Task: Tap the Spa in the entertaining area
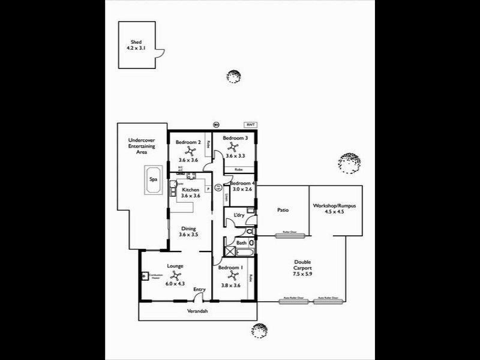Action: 154,179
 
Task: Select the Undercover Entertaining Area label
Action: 142,146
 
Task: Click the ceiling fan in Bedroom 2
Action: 188,151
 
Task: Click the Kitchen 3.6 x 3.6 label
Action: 190,193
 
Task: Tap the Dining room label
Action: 188,232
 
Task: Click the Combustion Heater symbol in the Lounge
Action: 146,277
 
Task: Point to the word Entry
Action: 199,290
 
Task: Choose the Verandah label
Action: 196,311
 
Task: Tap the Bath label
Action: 241,243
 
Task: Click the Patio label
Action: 283,210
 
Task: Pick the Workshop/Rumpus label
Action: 335,208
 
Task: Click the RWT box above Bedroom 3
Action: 250,125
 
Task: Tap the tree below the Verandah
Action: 259,330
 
